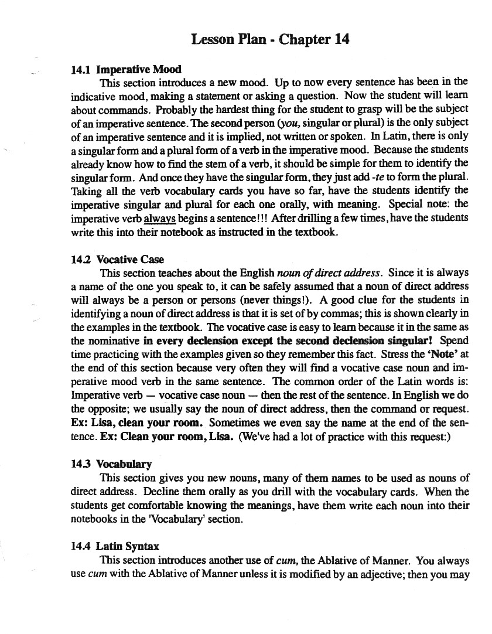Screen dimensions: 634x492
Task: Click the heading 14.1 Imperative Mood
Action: [x=126, y=70]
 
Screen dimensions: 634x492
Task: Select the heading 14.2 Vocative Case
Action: [x=117, y=260]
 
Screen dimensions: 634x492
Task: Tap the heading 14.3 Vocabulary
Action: [x=111, y=464]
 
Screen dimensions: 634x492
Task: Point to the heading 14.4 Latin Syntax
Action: [x=115, y=546]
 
